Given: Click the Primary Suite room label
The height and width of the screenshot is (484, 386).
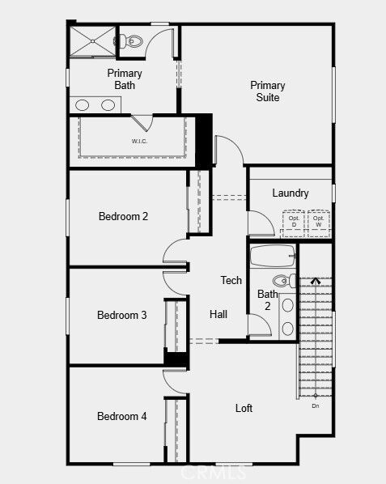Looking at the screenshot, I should (x=267, y=91).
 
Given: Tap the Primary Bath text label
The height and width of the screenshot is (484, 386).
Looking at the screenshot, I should (x=125, y=79).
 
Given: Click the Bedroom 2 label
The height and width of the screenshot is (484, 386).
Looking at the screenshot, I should (x=123, y=216).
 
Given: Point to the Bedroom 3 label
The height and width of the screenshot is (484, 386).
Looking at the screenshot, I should (x=121, y=315).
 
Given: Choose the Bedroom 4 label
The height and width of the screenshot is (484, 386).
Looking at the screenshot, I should (x=121, y=416).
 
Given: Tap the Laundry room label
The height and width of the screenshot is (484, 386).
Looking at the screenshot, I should (x=290, y=193).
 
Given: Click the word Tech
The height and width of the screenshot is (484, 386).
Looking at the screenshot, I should (x=231, y=280).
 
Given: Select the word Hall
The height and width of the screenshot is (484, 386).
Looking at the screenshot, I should (x=218, y=314).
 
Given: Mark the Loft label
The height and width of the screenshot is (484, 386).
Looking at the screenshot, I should (x=244, y=408).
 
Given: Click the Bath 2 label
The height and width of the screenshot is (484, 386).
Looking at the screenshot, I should (x=267, y=299).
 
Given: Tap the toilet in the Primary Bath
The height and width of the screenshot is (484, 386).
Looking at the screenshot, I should (x=133, y=40).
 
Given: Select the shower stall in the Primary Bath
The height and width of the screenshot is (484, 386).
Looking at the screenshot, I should (x=91, y=41).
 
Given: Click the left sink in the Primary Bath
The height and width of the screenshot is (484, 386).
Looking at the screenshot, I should (x=83, y=104).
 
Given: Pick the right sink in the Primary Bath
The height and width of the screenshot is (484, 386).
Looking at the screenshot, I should (x=108, y=104).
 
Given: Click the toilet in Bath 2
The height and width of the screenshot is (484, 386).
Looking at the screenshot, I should (x=284, y=281).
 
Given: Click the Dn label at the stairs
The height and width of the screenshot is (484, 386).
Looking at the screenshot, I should (x=316, y=405).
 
